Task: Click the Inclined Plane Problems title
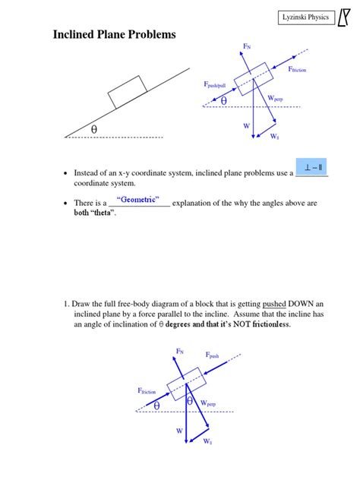(113, 34)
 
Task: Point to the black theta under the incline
(94, 130)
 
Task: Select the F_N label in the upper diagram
(247, 47)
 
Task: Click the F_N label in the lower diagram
(180, 352)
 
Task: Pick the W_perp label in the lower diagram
(207, 404)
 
